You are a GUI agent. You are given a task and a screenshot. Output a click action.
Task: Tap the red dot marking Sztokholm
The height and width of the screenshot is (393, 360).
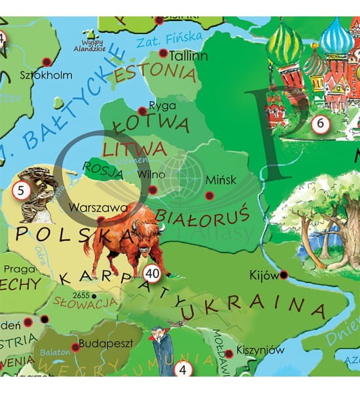point(46,62)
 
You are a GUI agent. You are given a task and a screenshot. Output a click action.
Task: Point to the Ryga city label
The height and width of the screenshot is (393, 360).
point(162,105)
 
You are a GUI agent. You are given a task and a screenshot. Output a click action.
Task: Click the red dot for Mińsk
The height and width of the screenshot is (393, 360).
point(209,195)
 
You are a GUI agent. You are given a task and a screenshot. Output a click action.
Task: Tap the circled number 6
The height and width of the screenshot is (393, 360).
point(319,123)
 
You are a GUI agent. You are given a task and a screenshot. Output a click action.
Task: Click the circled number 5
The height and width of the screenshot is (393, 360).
point(20,193)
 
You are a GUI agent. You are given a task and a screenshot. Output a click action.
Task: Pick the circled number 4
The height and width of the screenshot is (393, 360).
point(183,369)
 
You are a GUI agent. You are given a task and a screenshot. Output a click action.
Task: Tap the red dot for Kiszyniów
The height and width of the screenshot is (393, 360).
point(230,354)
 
